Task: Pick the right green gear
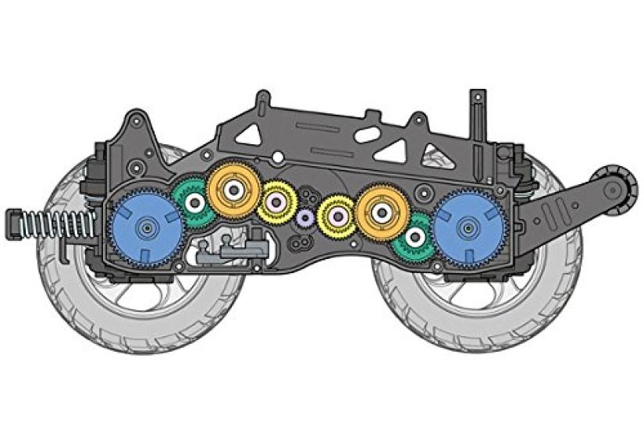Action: click(x=415, y=236)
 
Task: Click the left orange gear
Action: click(x=233, y=189)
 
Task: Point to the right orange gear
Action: click(x=382, y=209)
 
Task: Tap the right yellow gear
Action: click(x=338, y=212)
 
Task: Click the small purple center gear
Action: click(x=305, y=216)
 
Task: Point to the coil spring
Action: click(x=59, y=225)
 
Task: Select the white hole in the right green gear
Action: click(x=415, y=236)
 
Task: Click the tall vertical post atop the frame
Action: click(x=474, y=115)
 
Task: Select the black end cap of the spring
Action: click(x=13, y=223)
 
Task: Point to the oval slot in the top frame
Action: click(x=368, y=135)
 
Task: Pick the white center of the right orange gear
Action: click(x=382, y=209)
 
